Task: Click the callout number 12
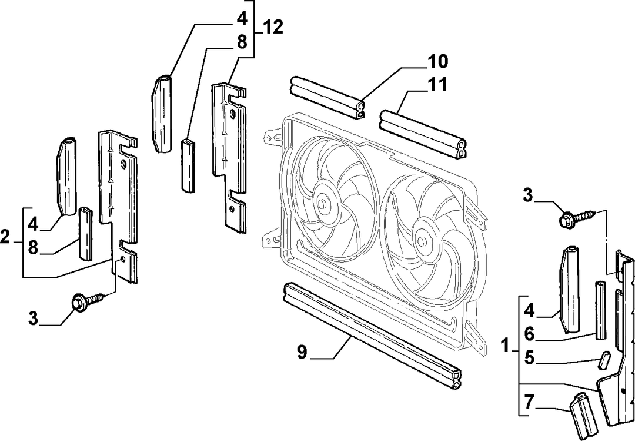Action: point(273,27)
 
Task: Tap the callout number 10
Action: point(437,61)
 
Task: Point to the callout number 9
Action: point(302,352)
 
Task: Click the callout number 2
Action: point(5,237)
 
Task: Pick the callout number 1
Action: point(504,346)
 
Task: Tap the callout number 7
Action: point(529,402)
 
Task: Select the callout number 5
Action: point(530,358)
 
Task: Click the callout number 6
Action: point(530,334)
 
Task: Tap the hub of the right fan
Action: point(422,241)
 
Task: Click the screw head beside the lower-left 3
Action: point(79,303)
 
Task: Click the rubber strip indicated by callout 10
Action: point(327,97)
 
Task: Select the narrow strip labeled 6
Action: point(600,310)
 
